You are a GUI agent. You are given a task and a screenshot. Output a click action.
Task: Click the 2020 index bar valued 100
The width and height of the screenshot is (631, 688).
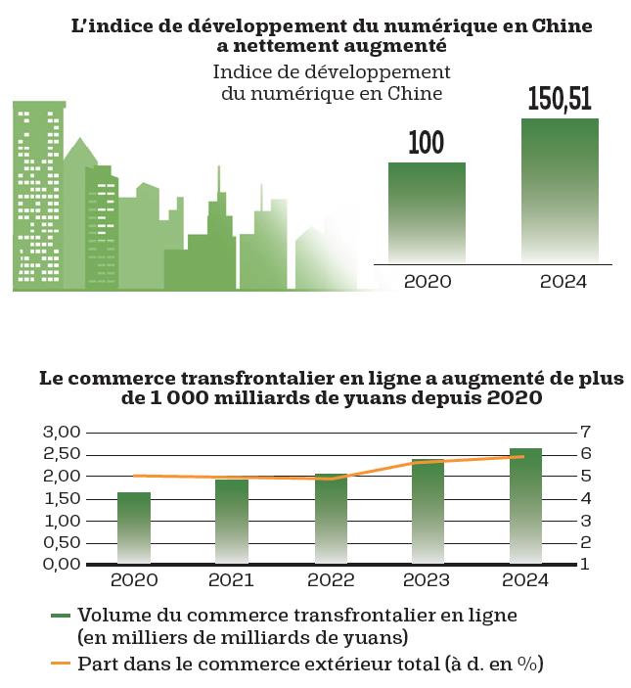427,212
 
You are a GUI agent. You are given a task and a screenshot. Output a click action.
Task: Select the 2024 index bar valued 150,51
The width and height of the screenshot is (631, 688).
560,191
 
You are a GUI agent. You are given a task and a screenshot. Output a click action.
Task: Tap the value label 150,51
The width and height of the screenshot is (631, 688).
560,98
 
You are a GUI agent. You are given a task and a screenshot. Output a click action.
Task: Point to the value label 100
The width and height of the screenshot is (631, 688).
427,143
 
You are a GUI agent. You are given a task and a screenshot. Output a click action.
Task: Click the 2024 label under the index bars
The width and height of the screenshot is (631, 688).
563,282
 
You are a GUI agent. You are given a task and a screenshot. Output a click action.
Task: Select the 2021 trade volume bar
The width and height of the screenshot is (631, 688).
232,522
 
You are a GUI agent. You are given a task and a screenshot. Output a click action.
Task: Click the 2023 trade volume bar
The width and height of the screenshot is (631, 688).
428,512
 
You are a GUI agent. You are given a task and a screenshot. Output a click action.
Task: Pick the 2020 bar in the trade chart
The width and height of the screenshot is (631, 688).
134,527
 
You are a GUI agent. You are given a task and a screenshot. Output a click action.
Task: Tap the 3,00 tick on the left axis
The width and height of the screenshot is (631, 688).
62,433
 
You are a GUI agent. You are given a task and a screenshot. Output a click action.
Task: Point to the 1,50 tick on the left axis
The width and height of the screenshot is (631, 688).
62,498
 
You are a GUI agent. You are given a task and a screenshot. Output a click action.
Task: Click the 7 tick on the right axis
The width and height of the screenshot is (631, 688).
586,432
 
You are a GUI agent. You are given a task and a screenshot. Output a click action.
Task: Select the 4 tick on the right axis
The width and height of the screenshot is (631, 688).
586,498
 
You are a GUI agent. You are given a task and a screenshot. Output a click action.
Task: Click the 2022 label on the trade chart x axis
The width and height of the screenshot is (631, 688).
331,580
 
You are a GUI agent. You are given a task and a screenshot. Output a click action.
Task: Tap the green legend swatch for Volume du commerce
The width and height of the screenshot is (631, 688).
61,616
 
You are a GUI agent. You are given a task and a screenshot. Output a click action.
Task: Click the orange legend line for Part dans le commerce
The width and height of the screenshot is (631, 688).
61,663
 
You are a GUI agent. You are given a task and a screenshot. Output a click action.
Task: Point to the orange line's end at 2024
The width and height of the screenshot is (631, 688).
524,456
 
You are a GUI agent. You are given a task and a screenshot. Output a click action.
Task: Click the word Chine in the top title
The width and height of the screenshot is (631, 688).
562,25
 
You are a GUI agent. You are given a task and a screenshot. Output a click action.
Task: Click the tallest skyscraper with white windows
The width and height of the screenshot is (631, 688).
38,196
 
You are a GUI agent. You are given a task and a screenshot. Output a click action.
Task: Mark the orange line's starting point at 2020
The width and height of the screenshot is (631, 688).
134,476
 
